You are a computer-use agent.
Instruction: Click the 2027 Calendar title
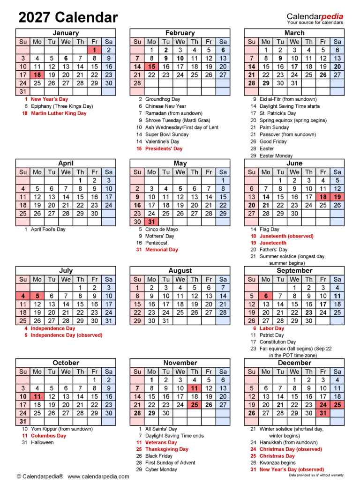click(x=68, y=18)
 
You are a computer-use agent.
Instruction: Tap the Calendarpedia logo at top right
click(x=315, y=18)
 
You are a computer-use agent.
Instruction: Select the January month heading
click(x=66, y=33)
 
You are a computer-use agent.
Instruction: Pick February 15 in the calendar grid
click(x=151, y=67)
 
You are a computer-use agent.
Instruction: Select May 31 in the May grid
click(x=151, y=222)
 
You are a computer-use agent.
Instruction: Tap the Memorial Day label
click(x=162, y=250)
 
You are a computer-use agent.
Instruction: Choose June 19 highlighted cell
click(x=337, y=197)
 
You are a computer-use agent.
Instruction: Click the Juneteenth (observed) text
click(x=286, y=236)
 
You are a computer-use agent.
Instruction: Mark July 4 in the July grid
click(x=23, y=296)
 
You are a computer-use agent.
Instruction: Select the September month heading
click(x=294, y=270)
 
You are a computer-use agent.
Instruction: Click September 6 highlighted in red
click(x=266, y=296)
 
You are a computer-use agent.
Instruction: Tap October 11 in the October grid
click(x=37, y=396)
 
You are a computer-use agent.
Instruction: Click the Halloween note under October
click(x=42, y=442)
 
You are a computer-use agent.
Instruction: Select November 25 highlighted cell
click(x=195, y=405)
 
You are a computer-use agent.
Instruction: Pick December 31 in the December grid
click(x=323, y=413)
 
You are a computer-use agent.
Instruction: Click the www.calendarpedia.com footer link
click(x=98, y=476)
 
